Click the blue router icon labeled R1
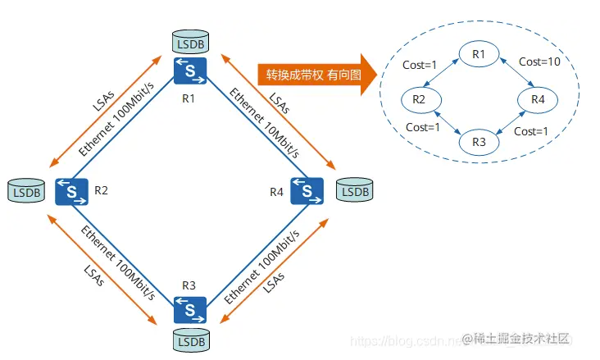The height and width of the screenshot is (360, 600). pos(190,71)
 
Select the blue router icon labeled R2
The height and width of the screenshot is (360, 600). pos(72,193)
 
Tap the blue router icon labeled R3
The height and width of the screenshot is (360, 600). pos(190,311)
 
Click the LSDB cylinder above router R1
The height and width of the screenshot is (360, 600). pos(190,40)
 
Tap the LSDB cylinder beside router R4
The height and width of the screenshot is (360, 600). pos(354,191)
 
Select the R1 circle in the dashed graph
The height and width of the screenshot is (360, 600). pos(479,55)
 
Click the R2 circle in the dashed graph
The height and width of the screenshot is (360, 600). pos(419,99)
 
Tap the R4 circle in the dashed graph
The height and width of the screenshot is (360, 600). pos(538,99)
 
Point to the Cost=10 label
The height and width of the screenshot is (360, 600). pos(539,62)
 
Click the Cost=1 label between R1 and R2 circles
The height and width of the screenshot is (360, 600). pos(420,63)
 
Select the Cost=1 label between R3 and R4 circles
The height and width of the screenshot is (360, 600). pos(530,131)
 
